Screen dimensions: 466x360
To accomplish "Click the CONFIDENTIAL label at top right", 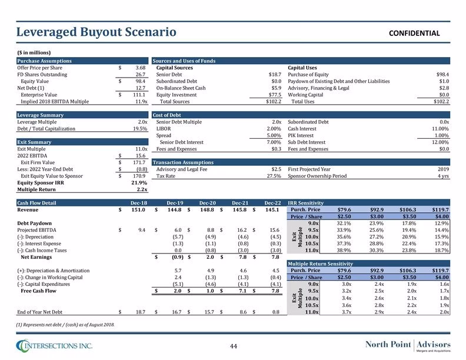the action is [x=414, y=34].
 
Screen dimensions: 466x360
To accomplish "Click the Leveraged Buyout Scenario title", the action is [x=96, y=32].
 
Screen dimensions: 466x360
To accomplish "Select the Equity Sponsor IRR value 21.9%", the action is [x=139, y=183].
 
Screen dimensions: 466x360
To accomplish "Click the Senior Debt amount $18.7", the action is [x=275, y=75].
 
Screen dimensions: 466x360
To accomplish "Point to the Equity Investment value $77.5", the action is [x=275, y=95].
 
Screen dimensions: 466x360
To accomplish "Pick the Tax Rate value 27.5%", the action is [x=274, y=176].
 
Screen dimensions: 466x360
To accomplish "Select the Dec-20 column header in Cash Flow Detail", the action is [x=208, y=203].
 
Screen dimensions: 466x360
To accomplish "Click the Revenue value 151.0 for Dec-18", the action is [x=138, y=209].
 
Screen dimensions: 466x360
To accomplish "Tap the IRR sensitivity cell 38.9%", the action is [x=344, y=251].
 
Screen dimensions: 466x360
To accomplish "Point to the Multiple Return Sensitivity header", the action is [x=320, y=264].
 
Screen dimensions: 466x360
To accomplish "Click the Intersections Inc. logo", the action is [x=54, y=346].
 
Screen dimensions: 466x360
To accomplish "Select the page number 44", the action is [x=234, y=346].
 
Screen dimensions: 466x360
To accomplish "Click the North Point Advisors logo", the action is [x=408, y=346].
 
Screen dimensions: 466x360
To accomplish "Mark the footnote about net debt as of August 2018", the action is [x=65, y=325].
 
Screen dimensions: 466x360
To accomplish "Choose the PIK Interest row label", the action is [x=301, y=135].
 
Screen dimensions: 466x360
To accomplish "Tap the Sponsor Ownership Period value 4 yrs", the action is [x=444, y=176].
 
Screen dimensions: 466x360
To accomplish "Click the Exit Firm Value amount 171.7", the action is [x=139, y=162].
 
